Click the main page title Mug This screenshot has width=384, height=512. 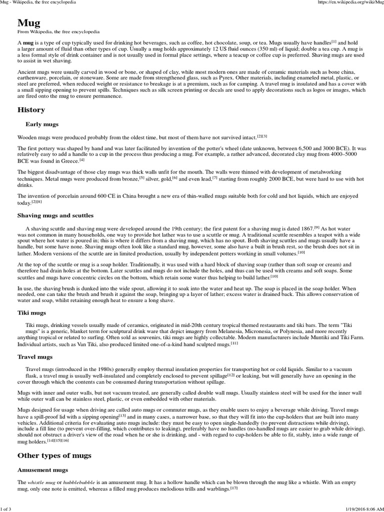tap(29, 23)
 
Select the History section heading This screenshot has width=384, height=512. tap(31, 109)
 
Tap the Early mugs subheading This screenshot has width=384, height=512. tap(42, 124)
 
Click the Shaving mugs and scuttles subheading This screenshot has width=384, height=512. tap(55, 215)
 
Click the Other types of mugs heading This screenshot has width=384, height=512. tap(54, 455)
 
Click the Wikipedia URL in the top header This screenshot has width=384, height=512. tap(350, 3)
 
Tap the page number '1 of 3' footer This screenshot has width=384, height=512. tap(8, 508)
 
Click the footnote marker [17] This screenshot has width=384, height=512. tap(234, 487)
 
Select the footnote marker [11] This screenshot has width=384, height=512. tap(234, 343)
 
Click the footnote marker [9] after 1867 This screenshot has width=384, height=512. tap(316, 227)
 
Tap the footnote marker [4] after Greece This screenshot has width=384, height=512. tap(82, 160)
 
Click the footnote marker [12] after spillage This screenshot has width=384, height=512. tap(231, 374)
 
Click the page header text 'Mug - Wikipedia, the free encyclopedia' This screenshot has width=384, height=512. tap(38, 3)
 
